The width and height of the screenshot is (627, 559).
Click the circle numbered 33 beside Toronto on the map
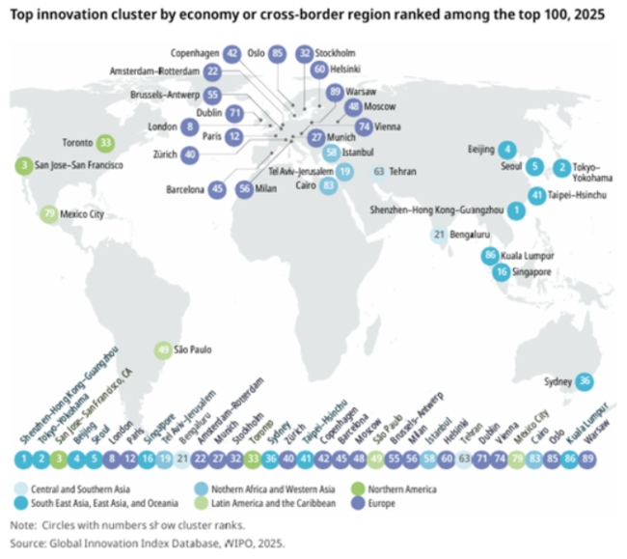pos(106,142)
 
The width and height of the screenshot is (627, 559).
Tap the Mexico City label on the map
pos(82,213)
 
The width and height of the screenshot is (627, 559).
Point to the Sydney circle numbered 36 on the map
pos(586,382)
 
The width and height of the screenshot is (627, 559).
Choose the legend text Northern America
pos(401,489)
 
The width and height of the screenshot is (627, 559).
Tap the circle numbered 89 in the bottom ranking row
pos(599,459)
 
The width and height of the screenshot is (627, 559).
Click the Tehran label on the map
pos(403,171)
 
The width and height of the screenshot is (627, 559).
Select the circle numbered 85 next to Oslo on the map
pos(278,54)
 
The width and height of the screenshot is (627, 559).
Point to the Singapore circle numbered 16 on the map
pos(502,272)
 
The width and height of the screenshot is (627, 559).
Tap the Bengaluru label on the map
pos(474,234)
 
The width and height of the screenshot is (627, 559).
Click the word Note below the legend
pos(22,525)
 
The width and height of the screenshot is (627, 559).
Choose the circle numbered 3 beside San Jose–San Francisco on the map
pos(22,166)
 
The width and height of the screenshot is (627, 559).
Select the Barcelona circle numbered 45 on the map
pos(218,189)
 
